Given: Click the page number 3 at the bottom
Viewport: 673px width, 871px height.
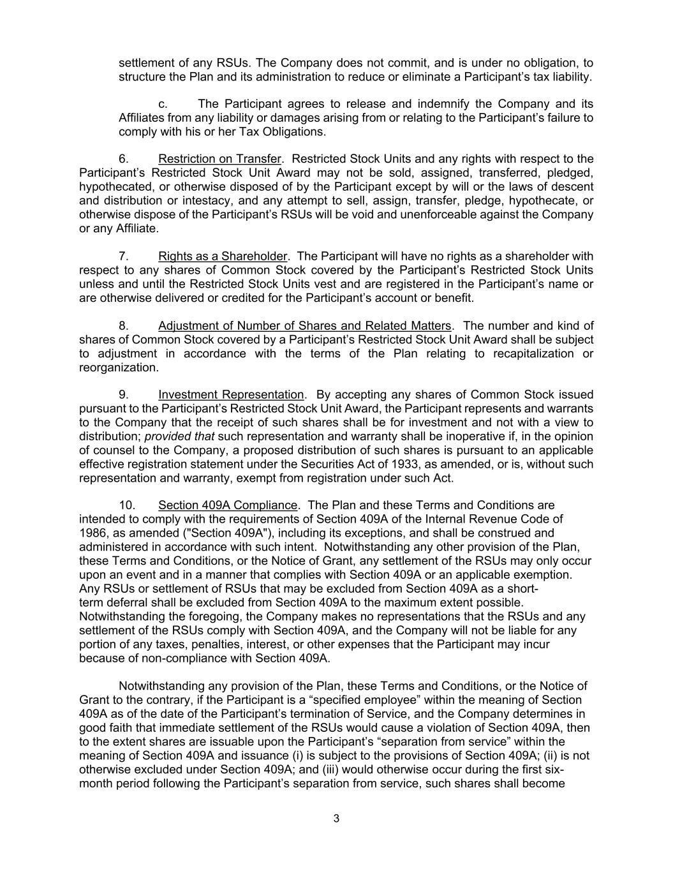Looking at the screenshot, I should (x=336, y=819).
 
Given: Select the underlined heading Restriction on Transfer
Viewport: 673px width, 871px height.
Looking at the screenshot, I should (x=219, y=159).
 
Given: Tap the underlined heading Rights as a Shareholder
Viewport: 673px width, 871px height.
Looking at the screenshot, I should (x=223, y=256).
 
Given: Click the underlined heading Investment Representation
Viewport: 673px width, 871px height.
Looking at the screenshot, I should (x=231, y=394).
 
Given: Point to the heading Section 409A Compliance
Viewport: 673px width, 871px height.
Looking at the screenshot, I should (x=228, y=505).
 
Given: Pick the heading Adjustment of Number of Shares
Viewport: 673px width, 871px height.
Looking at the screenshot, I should (x=304, y=325).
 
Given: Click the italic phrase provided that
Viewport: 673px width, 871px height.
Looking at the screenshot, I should (x=179, y=436).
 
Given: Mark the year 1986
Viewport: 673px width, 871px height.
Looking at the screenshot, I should (x=93, y=533).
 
